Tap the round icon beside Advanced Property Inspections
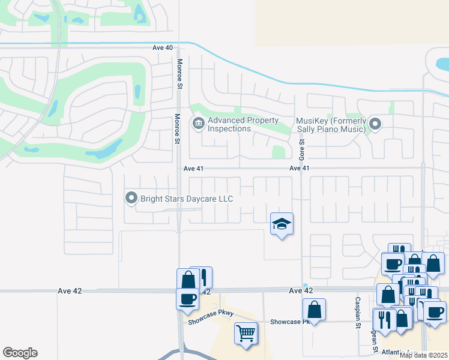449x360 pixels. [197, 124]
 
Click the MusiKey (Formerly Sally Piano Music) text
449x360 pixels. [331, 125]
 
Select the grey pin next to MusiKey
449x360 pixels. [375, 124]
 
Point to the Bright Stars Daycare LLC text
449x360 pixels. [186, 198]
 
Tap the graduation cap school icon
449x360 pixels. [282, 224]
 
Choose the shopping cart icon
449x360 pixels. [246, 332]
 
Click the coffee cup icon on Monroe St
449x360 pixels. [187, 298]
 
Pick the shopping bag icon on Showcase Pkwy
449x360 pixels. [314, 310]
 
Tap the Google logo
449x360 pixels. [20, 353]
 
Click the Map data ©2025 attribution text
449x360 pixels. [424, 355]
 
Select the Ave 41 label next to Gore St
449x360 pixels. [299, 169]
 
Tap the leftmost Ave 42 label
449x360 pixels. [70, 290]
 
